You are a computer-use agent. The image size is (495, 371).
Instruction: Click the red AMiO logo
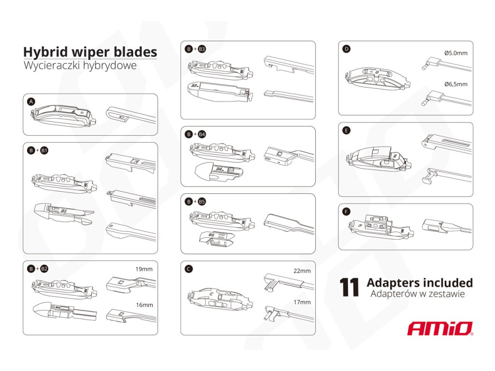click(440, 328)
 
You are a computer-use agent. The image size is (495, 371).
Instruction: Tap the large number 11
click(349, 287)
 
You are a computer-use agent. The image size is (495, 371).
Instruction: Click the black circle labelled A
click(31, 101)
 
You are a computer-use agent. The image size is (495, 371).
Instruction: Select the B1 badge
click(44, 151)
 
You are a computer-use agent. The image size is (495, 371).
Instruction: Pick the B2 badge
click(44, 269)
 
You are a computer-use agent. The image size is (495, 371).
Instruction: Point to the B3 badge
click(202, 49)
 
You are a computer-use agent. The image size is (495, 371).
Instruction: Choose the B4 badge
click(202, 134)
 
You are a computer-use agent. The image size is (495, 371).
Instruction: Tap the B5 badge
click(202, 201)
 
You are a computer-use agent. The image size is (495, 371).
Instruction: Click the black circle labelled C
click(189, 269)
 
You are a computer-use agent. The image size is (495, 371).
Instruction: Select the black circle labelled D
click(346, 49)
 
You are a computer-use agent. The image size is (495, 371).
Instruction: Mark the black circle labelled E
click(346, 130)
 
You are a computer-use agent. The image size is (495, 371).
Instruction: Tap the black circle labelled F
click(346, 212)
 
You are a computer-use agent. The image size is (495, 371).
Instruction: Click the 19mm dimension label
click(144, 269)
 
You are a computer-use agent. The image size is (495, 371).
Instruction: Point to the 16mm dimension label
click(144, 305)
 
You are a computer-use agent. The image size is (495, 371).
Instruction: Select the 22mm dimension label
click(302, 271)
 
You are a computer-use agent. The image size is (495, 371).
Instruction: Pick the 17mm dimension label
click(302, 302)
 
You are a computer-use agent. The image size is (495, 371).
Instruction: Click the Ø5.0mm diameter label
click(456, 53)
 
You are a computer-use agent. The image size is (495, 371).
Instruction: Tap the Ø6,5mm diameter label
click(456, 84)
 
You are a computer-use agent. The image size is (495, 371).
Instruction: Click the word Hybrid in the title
click(45, 52)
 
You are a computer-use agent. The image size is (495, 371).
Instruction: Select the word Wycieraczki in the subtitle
click(52, 66)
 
